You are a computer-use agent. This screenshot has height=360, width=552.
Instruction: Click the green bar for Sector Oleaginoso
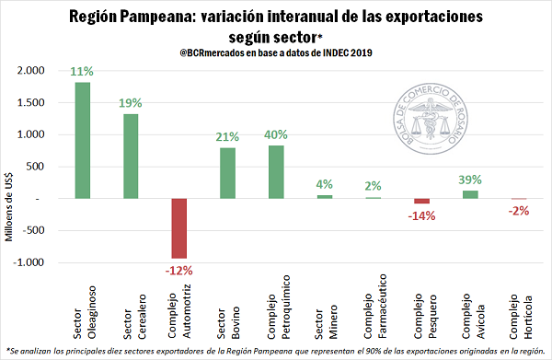pyautogui.click(x=82, y=140)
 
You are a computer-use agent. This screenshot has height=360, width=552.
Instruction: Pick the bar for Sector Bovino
pyautogui.click(x=227, y=173)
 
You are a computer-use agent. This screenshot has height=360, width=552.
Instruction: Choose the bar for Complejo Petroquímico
pyautogui.click(x=275, y=171)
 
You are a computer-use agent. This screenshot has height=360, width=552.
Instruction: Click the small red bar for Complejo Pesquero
pyautogui.click(x=421, y=201)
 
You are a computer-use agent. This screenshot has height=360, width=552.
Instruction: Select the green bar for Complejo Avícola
pyautogui.click(x=470, y=194)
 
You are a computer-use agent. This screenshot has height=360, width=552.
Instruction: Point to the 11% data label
pyautogui.click(x=82, y=72)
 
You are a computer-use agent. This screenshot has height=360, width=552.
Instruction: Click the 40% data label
pyautogui.click(x=276, y=134)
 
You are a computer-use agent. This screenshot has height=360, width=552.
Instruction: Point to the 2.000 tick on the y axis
pyautogui.click(x=31, y=71)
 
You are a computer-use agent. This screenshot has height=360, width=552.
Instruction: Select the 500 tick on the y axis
pyautogui.click(x=37, y=167)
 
